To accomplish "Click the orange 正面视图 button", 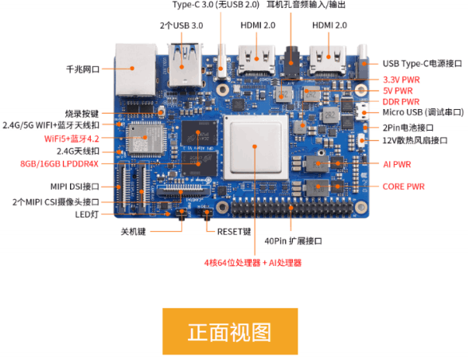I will click(x=230, y=331).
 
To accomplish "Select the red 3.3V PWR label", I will click(x=401, y=80).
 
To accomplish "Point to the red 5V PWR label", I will click(x=398, y=91).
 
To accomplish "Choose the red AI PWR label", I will click(x=396, y=164).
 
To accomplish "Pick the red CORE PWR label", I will click(x=403, y=186).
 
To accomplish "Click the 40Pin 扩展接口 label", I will click(x=296, y=241).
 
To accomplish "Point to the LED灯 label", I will click(x=88, y=213).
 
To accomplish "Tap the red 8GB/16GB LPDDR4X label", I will click(x=60, y=164).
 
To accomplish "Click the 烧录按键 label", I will click(x=83, y=114).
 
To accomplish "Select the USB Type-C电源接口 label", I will click(x=421, y=64).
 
